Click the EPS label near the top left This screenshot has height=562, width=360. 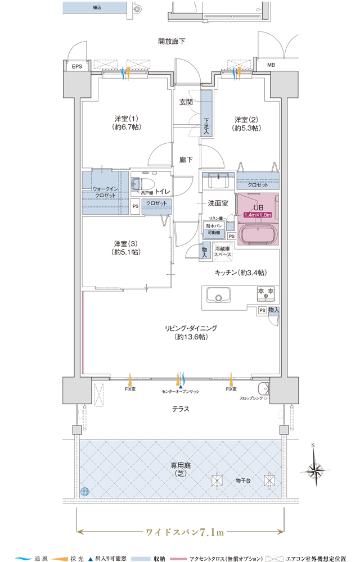pos(76,66)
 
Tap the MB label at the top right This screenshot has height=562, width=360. pos(271,65)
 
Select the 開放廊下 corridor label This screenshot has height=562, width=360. pos(172,42)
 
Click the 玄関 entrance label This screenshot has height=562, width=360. pos(186,102)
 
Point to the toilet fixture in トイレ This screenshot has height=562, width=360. pos(143,184)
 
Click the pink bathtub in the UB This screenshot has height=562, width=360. pos(258,236)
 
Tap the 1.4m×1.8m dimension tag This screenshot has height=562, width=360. pos(258,215)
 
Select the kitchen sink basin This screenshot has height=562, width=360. pos(218,296)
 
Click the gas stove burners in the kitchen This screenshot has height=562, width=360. pos(265,293)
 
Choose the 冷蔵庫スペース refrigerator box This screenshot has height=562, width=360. pos(222,252)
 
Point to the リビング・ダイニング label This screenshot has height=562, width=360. pos(191,328)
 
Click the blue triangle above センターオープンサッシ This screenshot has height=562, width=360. pos(181,387)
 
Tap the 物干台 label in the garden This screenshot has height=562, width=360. pos(243,481)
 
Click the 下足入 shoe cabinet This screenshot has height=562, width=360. pos(206,113)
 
